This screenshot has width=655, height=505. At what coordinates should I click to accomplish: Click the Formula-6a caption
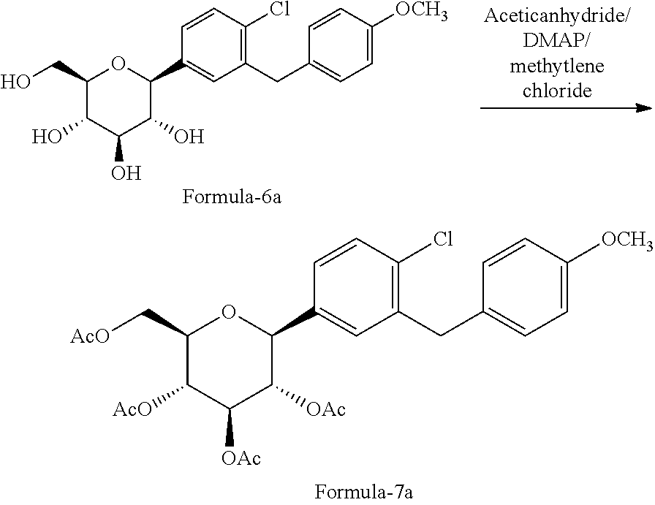click(232, 197)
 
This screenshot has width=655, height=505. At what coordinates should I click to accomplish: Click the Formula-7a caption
click(364, 492)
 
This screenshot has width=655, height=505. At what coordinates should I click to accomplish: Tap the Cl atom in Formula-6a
click(279, 10)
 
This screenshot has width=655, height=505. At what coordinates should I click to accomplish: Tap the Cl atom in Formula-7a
click(443, 239)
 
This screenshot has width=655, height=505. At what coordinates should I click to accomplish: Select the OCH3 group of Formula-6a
click(421, 10)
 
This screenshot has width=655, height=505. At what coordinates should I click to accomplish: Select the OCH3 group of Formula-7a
click(626, 241)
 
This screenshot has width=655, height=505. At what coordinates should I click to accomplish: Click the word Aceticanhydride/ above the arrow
click(557, 16)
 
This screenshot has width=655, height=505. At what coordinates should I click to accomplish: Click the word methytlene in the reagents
click(557, 66)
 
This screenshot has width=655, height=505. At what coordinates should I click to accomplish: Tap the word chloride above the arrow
click(557, 90)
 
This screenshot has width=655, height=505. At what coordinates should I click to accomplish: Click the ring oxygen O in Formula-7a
click(229, 311)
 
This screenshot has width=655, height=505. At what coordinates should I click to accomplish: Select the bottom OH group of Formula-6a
click(126, 172)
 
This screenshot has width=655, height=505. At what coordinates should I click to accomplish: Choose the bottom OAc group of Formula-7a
click(241, 458)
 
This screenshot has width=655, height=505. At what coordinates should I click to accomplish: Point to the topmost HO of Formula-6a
click(15, 81)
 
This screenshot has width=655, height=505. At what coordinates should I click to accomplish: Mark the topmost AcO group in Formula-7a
click(90, 336)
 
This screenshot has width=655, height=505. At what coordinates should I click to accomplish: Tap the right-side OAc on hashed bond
click(326, 410)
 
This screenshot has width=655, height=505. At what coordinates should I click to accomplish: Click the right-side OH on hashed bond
click(189, 137)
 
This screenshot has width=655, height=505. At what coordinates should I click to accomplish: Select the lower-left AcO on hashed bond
click(133, 410)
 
